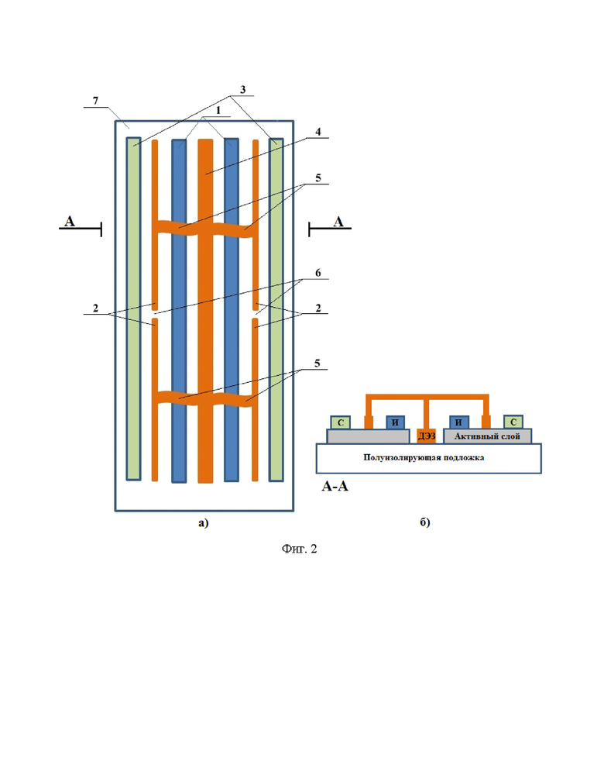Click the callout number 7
pos(96,100)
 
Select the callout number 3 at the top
pos(242,90)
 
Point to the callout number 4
pos(318,132)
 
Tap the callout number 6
pos(318,273)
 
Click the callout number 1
pos(218,110)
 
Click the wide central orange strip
pos(205,311)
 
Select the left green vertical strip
pos(133,308)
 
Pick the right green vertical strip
pos(276,310)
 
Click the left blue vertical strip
pos(179,311)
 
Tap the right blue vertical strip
pos(232,310)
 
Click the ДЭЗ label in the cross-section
pos(427,436)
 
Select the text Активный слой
pos(487,436)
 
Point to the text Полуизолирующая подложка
pos(424,457)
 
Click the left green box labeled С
pos(341,422)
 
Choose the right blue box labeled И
pos(459,422)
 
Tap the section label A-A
pos(335,486)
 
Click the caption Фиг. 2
pos(299,549)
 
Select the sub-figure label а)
pos(204,522)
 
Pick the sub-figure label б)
pos(424,522)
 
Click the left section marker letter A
pos(69,221)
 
